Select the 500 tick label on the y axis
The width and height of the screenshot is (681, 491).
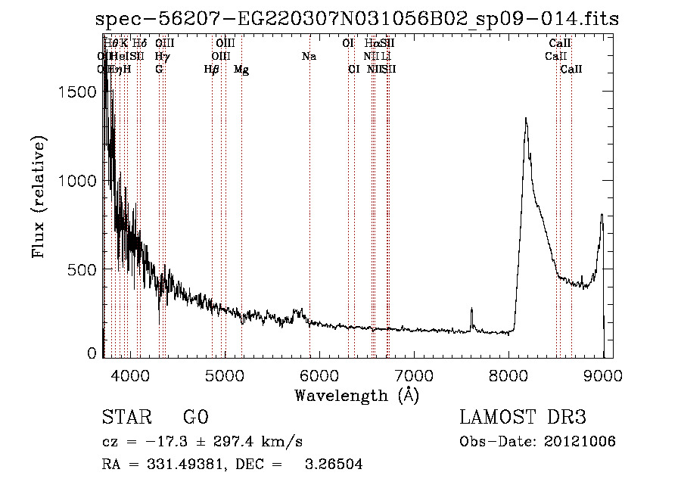pyautogui.click(x=83, y=269)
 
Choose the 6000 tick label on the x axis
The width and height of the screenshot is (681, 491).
pyautogui.click(x=319, y=374)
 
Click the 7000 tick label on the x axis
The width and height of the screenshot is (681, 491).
pyautogui.click(x=414, y=374)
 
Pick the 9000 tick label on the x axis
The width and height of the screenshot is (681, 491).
pyautogui.click(x=604, y=374)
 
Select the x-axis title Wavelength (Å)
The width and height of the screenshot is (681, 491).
pyautogui.click(x=356, y=395)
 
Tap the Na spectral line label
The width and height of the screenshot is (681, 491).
pyautogui.click(x=309, y=57)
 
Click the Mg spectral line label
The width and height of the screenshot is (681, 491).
pyautogui.click(x=241, y=70)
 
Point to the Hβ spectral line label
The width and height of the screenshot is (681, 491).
pyautogui.click(x=212, y=70)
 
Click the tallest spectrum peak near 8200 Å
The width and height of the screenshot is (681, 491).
pyautogui.click(x=525, y=119)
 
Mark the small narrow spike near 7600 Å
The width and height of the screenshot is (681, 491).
pyautogui.click(x=471, y=309)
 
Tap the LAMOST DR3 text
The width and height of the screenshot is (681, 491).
pyautogui.click(x=523, y=418)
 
